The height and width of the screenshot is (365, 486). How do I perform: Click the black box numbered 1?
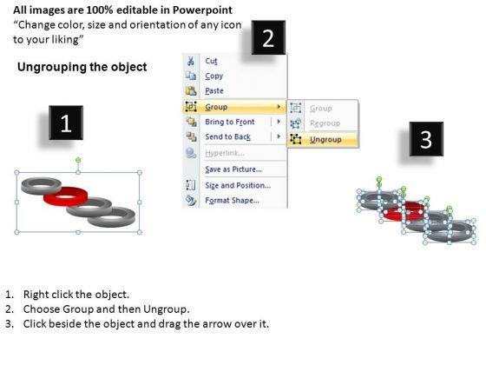pos(66,123)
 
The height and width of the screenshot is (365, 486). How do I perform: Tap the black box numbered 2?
pos(268,37)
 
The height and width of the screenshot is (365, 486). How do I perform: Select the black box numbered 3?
pos(426,139)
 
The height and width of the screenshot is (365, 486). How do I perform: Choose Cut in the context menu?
pos(211,61)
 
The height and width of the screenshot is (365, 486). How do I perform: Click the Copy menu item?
pos(213,76)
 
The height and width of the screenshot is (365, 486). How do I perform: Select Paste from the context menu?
pos(214,91)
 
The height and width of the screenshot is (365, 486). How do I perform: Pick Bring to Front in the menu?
pos(230,122)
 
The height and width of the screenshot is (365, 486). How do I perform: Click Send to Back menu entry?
pos(227,136)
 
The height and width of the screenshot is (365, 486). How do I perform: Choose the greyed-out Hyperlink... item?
pos(225,153)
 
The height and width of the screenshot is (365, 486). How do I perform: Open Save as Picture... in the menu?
pos(233,169)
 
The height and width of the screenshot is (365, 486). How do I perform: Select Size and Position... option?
pos(238,185)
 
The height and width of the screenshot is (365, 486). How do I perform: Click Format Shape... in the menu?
pos(233,200)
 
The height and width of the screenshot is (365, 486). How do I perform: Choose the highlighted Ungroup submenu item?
pos(325,140)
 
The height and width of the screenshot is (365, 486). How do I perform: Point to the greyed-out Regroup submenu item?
pos(325,123)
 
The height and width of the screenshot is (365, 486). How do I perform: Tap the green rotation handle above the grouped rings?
pos(78,160)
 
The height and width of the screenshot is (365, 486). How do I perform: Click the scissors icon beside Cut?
pos(191,61)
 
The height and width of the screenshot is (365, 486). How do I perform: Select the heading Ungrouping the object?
pos(82,67)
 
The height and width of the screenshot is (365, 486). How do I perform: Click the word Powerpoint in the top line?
pos(202,10)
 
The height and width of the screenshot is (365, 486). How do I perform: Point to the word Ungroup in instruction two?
pos(165,309)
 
